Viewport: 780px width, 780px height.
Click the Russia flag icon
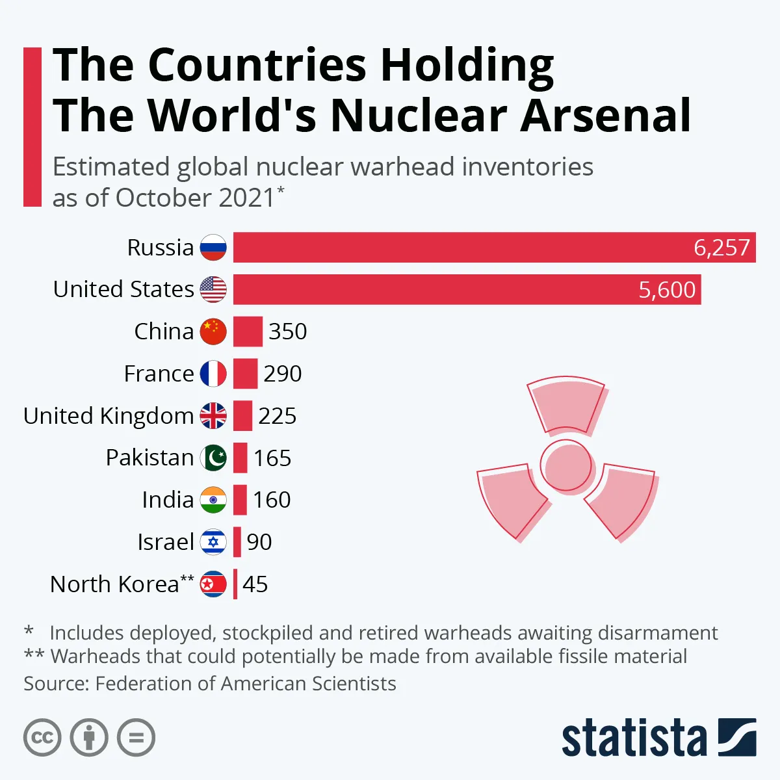213,248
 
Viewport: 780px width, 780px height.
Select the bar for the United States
467,289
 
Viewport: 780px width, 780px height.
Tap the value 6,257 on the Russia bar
721,248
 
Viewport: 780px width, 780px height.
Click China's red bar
248,331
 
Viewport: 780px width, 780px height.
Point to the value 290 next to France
283,374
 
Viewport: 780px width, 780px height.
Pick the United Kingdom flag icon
213,416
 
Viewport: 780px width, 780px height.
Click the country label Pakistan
149,458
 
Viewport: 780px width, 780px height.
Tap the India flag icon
213,500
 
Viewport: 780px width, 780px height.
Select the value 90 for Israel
259,542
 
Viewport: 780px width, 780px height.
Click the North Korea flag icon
213,584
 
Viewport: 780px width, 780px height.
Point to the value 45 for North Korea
255,584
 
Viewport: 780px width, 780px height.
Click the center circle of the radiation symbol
566,465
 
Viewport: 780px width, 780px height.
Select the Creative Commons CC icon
42,738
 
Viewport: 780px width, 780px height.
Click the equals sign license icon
136,738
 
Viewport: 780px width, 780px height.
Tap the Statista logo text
634,740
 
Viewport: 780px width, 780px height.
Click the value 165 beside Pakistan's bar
272,458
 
